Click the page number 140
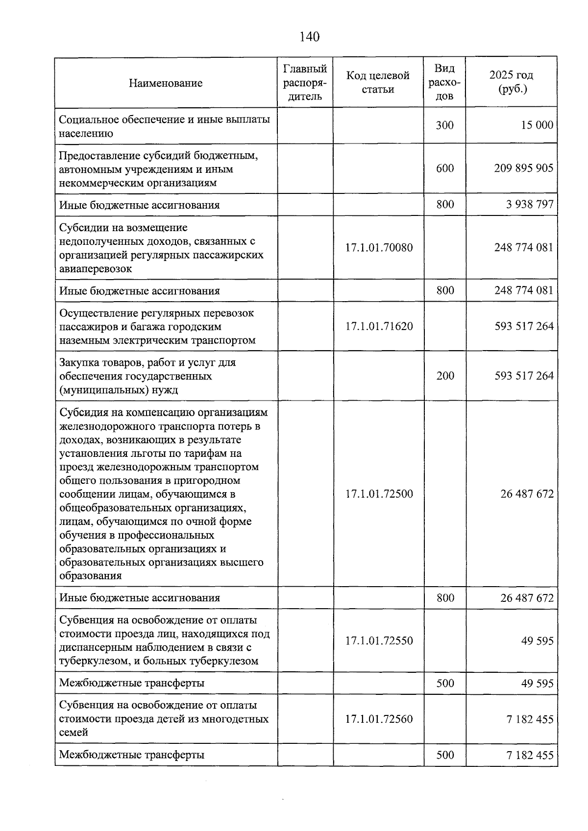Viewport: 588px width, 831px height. [309, 37]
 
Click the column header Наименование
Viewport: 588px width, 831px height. [166, 83]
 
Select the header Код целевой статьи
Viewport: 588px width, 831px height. [378, 82]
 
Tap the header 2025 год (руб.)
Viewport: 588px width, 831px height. [511, 82]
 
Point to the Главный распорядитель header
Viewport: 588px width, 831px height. [305, 82]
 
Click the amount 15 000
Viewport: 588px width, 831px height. [537, 125]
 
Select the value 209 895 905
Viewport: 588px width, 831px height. [524, 168]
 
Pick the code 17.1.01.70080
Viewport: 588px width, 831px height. [379, 247]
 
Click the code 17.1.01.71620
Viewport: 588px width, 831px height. [379, 326]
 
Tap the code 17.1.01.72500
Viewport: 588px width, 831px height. [379, 494]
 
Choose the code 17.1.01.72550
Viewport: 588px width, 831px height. [379, 641]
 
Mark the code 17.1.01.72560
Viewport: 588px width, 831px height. [379, 719]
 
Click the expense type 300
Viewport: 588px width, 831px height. [445, 125]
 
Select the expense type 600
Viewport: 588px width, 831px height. [445, 168]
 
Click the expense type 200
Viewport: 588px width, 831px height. [445, 376]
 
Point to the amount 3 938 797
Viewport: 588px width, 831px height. [530, 204]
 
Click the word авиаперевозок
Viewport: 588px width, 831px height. [96, 269]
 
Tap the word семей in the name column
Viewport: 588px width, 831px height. [73, 733]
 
